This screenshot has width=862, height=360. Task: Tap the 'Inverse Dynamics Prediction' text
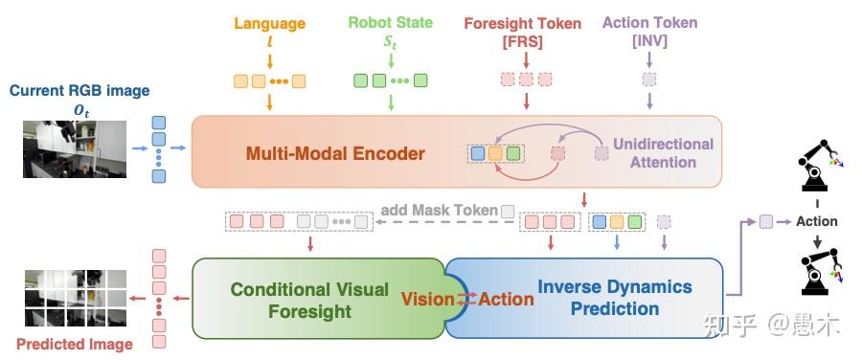click(614, 297)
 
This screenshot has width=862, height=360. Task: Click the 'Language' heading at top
click(269, 24)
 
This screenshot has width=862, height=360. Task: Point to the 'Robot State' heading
click(389, 24)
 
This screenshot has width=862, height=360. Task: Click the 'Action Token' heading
click(649, 23)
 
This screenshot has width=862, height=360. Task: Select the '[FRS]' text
click(522, 41)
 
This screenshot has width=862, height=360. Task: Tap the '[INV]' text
click(649, 41)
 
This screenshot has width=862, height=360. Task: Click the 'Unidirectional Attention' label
click(663, 153)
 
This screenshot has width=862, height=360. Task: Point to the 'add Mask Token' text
click(439, 211)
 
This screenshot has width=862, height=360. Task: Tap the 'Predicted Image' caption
click(75, 344)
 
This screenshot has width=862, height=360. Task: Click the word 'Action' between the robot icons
click(816, 221)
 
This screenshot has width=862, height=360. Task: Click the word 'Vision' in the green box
click(427, 300)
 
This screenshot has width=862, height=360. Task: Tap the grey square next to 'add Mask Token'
click(508, 211)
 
